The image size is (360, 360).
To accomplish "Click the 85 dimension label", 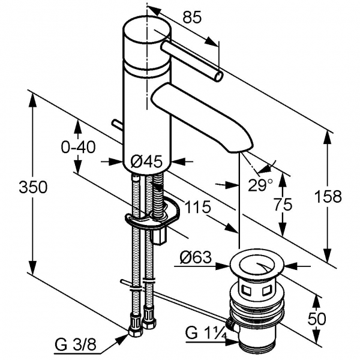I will point(191,18).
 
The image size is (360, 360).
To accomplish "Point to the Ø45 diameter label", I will point(146,161).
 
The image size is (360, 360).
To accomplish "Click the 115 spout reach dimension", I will point(197,208).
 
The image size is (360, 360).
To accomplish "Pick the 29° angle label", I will point(260,184).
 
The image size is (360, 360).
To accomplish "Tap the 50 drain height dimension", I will point(316,317).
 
